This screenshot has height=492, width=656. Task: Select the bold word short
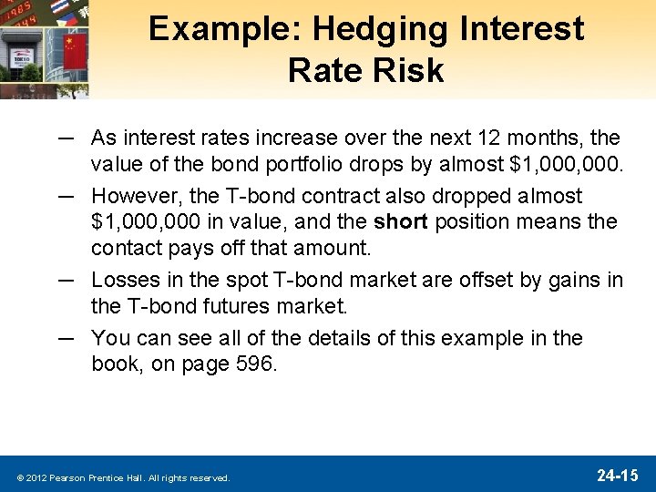tap(400, 221)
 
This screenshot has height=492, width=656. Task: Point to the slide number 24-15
tap(617, 475)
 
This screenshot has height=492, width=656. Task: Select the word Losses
tap(127, 281)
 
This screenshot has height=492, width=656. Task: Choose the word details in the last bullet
tap(342, 338)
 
